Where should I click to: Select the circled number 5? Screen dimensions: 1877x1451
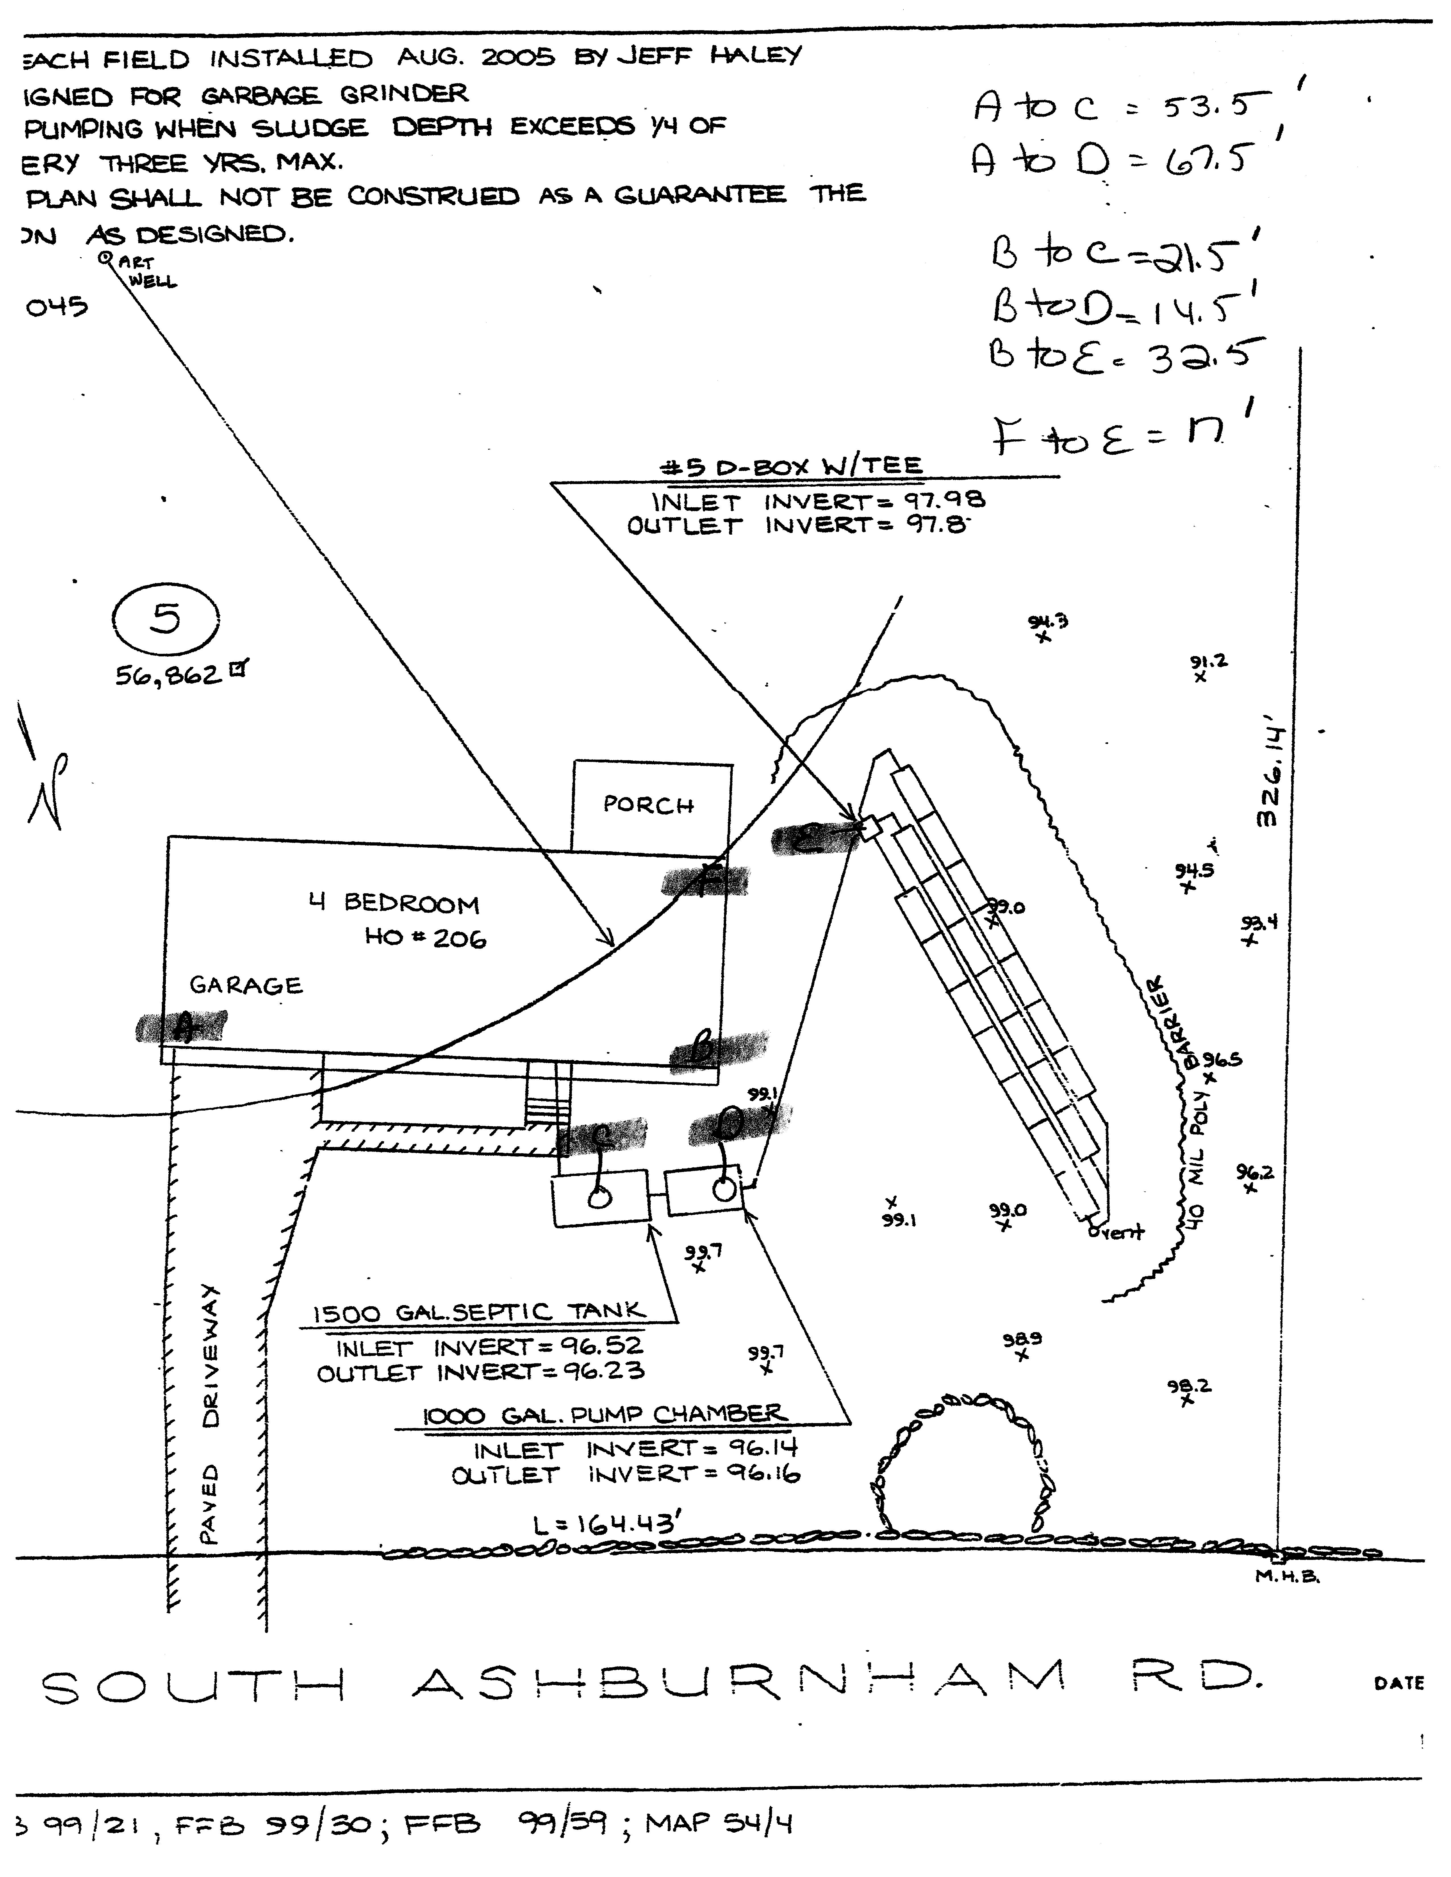(x=166, y=619)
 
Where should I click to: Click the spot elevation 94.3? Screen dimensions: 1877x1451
(x=1048, y=621)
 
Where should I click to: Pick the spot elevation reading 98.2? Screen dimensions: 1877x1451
(x=1189, y=1386)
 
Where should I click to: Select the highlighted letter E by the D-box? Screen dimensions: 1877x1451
(x=808, y=840)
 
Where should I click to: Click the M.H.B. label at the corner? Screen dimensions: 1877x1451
(x=1287, y=1575)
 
